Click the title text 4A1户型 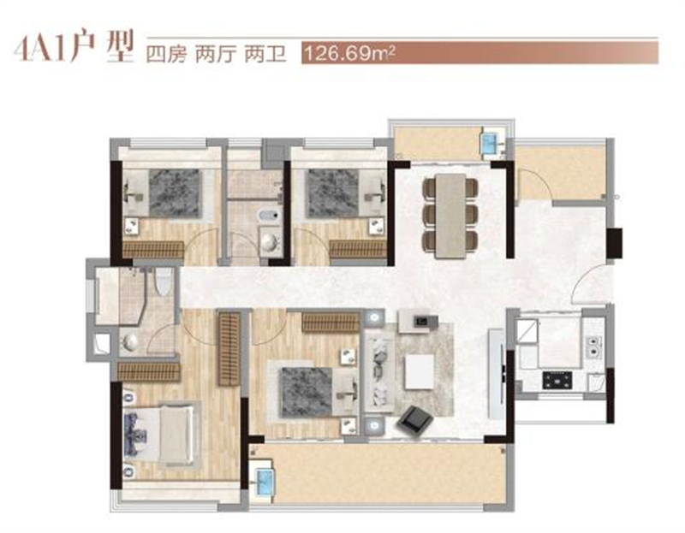pyautogui.click(x=73, y=47)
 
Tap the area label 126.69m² pyautogui.click(x=349, y=54)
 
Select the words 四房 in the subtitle pyautogui.click(x=166, y=55)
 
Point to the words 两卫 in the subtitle pyautogui.click(x=265, y=55)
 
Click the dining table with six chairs pyautogui.click(x=450, y=216)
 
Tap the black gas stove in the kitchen pyautogui.click(x=557, y=380)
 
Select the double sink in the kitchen pyautogui.click(x=593, y=346)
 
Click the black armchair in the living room pyautogui.click(x=414, y=421)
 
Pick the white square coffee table pyautogui.click(x=420, y=371)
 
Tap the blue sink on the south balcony pyautogui.click(x=265, y=481)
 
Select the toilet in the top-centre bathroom pyautogui.click(x=268, y=216)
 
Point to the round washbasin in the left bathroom pyautogui.click(x=130, y=342)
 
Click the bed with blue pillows pyautogui.click(x=159, y=435)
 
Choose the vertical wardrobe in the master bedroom pyautogui.click(x=229, y=348)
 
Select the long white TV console pyautogui.click(x=497, y=374)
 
